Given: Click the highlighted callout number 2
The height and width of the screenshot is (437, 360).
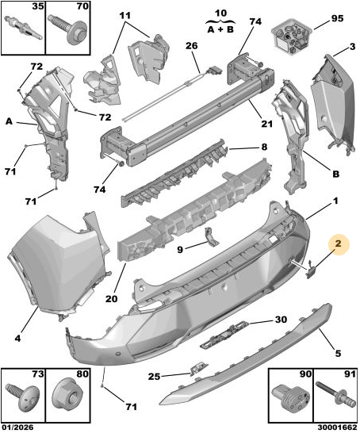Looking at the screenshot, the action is point(338,243).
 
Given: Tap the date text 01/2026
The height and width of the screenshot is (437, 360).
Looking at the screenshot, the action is point(17,427).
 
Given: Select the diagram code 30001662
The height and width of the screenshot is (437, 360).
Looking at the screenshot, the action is point(337,427).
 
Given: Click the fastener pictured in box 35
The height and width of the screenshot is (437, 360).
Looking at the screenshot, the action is point(23,29).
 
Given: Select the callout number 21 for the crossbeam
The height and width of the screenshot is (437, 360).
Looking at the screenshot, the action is point(266,124).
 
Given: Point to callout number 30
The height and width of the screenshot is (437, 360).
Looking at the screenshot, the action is point(281,320).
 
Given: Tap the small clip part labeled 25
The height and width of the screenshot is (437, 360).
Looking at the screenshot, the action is point(199,369).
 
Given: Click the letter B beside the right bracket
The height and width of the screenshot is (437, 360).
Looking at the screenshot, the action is point(336,174).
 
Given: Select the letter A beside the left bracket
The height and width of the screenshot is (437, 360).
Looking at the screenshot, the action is point(10,122).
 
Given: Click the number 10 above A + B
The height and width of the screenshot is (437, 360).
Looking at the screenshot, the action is point(220,13).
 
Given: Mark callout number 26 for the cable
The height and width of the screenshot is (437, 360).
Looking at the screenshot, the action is point(191,46).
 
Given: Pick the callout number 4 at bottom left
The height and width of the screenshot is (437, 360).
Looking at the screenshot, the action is point(17,339).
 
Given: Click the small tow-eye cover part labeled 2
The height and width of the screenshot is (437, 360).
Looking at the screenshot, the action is point(312,270).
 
